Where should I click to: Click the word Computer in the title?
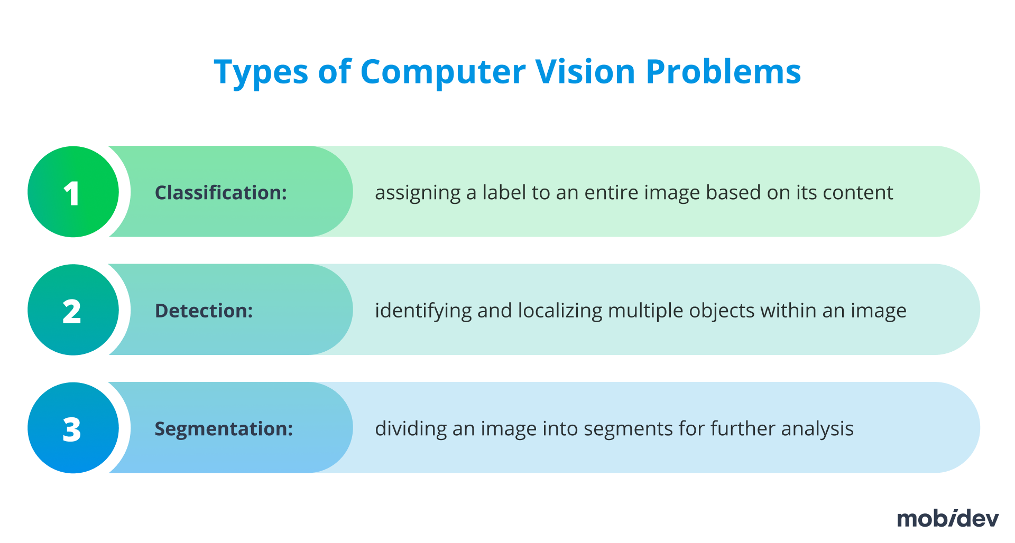[x=443, y=72]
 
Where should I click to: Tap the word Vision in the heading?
[x=585, y=72]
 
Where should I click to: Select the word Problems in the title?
[x=723, y=72]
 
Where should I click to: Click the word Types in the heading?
[x=261, y=72]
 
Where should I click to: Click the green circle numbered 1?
[x=73, y=192]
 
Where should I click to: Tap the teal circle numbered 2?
[x=73, y=310]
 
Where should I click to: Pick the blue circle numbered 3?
[x=73, y=428]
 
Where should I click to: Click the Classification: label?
[x=220, y=193]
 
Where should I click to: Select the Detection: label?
[x=204, y=311]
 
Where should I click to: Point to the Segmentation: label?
[x=223, y=428]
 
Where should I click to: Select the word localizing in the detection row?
[x=560, y=311]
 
